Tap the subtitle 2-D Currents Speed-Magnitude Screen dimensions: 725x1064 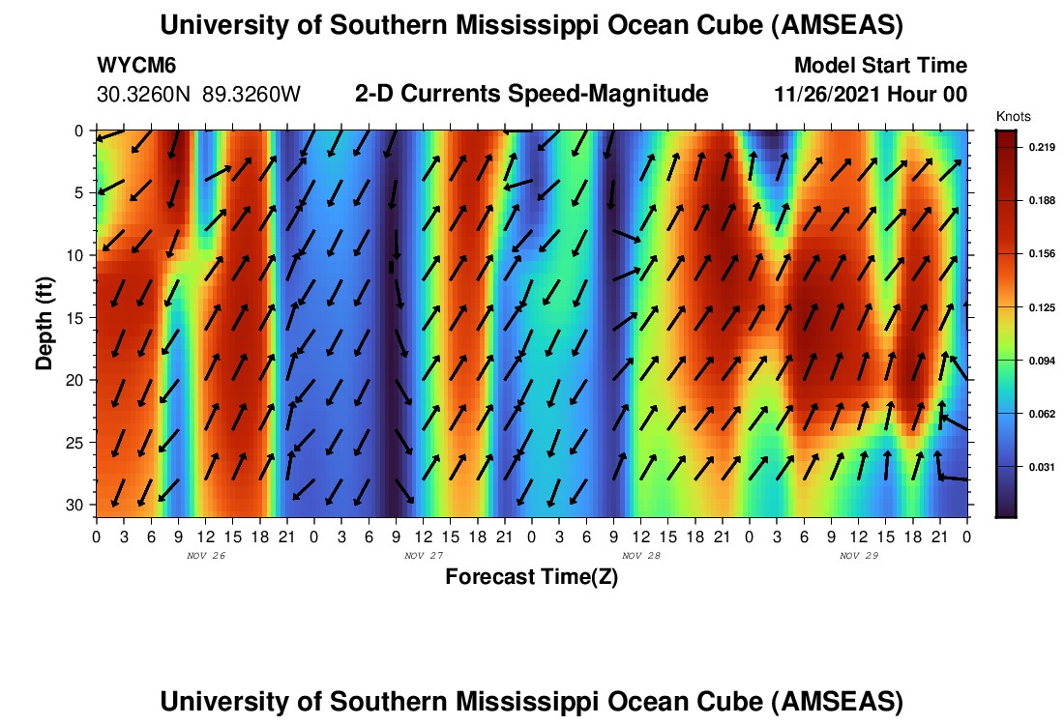(532, 94)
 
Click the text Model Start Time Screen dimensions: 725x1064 (880, 66)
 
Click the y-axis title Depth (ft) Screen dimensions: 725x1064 (44, 319)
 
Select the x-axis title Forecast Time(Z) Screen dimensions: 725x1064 (531, 577)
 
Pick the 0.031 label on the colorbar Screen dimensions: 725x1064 (1033, 467)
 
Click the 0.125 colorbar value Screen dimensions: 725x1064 (1033, 306)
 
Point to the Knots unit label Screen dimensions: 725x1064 (1011, 116)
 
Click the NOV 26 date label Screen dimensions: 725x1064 (206, 556)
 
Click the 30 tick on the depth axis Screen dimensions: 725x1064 (79, 505)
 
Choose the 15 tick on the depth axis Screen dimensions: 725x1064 (79, 317)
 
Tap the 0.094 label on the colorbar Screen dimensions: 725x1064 (1033, 361)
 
